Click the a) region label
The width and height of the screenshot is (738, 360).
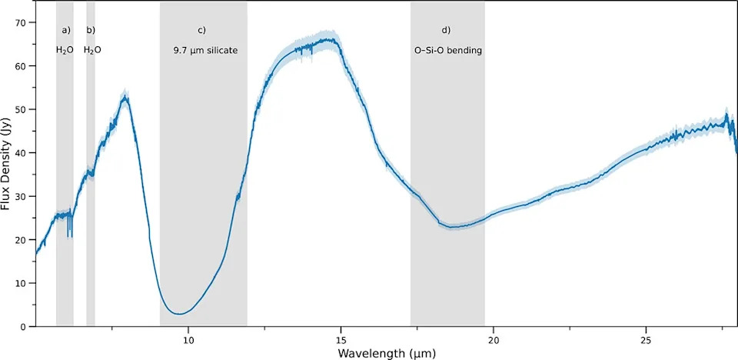click(x=66, y=30)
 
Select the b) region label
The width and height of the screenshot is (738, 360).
click(x=91, y=30)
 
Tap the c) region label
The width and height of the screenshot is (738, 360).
click(x=201, y=30)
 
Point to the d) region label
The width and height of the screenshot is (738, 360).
click(x=446, y=30)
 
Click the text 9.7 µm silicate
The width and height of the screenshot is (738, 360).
click(x=203, y=50)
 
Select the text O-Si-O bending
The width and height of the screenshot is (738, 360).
click(x=447, y=50)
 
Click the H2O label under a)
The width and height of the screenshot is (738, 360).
click(x=65, y=50)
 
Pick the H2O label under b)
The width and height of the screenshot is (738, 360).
click(x=92, y=50)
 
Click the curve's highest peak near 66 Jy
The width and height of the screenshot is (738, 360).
click(x=332, y=39)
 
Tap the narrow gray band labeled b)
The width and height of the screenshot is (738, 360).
click(x=91, y=164)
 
